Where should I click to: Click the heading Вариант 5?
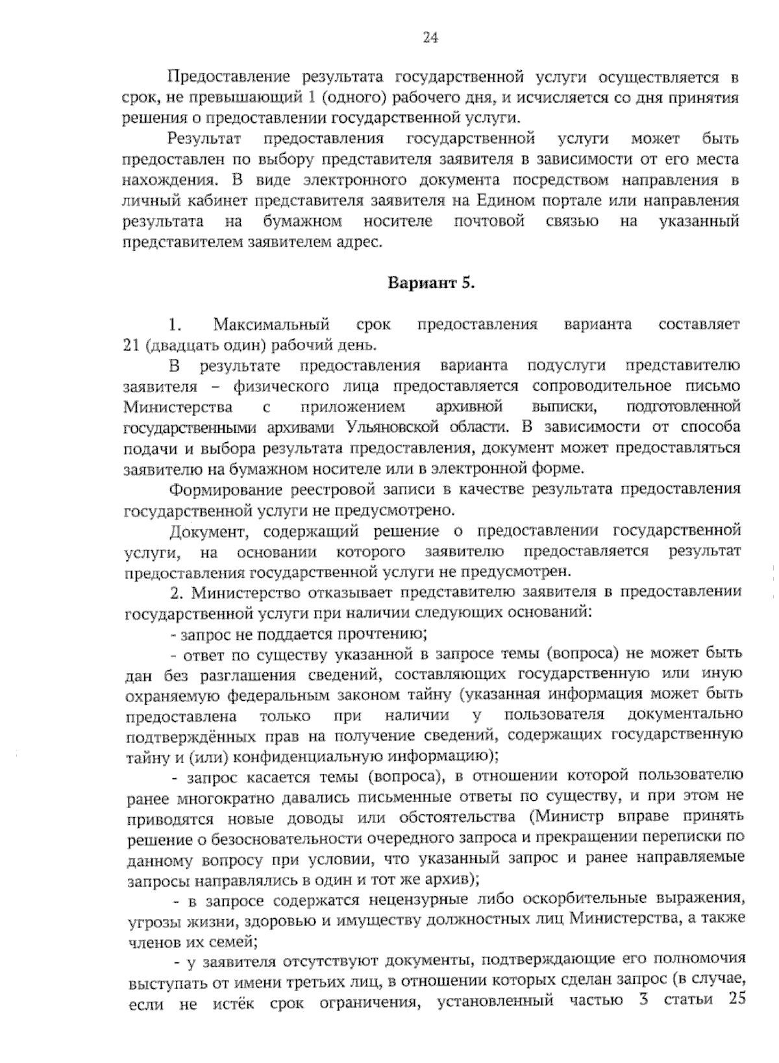431,283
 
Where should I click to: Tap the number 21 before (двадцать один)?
132,345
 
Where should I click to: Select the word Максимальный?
271,324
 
